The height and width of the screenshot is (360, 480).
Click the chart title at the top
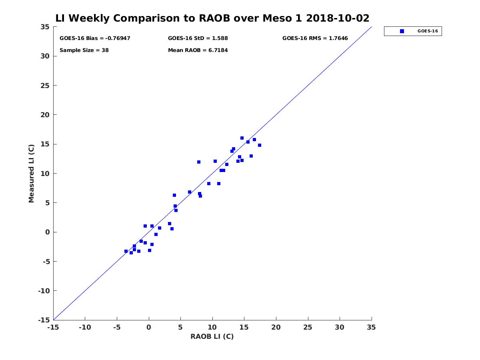pos(212,18)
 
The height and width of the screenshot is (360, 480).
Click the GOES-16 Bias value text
pos(95,38)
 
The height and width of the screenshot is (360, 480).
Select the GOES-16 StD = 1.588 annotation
pos(198,38)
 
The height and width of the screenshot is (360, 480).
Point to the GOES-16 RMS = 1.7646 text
pos(315,38)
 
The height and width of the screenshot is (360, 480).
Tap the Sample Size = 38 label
pos(84,50)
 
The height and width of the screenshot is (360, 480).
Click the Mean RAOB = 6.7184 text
pos(198,50)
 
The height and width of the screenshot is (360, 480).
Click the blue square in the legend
pos(402,31)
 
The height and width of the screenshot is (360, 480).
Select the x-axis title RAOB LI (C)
pos(212,336)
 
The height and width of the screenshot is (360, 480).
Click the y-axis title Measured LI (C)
pos(31,174)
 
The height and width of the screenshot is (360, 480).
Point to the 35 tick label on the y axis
pos(45,27)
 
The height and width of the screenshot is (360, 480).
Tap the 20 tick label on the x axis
pos(276,327)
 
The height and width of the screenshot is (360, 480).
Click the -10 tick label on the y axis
pos(44,291)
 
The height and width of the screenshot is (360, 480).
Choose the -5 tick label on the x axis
pos(117,327)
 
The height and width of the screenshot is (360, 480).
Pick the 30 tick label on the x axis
pos(340,327)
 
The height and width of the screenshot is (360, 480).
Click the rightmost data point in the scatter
pos(260,145)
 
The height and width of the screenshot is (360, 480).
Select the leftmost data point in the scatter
pos(126,251)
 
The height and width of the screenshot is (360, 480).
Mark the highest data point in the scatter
pos(242,138)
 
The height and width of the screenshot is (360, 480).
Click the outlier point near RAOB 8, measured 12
pos(199,162)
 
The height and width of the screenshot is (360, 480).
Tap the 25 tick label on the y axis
pos(45,86)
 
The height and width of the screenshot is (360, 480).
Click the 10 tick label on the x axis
pos(212,327)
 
